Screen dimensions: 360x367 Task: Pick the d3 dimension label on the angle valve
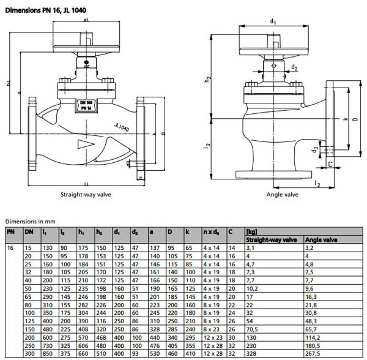coord(314,148)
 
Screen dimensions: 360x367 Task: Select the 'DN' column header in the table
coord(28,232)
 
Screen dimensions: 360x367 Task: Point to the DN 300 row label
coord(28,354)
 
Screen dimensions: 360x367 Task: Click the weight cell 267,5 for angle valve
coord(314,354)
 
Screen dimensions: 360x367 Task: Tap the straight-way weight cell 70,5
coord(251,328)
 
